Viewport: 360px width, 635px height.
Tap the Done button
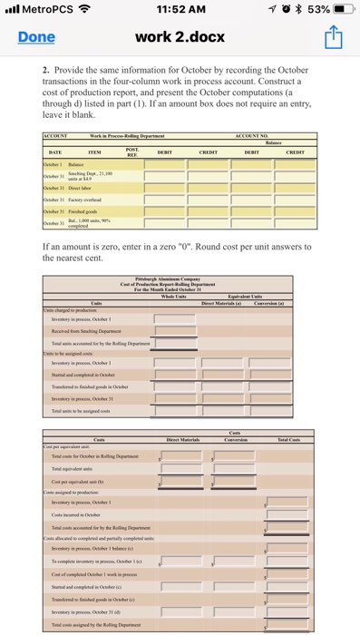pyautogui.click(x=36, y=37)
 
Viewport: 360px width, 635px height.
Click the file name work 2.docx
pyautogui.click(x=180, y=37)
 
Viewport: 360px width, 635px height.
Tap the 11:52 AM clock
pyautogui.click(x=181, y=10)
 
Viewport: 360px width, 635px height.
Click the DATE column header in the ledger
pyautogui.click(x=55, y=151)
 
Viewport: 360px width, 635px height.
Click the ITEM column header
pyautogui.click(x=93, y=151)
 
